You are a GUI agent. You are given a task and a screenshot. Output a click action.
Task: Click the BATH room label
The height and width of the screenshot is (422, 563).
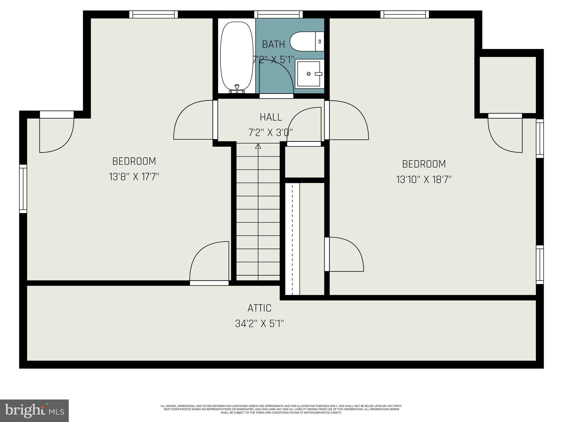273,44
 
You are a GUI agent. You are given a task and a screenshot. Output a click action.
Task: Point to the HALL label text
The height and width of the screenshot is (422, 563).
271,117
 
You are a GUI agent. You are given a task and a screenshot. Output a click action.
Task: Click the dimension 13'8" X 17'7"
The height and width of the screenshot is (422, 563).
134,177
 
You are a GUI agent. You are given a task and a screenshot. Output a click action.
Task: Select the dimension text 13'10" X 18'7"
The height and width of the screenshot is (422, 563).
424,180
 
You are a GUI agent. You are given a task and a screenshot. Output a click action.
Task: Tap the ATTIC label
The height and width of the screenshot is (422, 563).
259,308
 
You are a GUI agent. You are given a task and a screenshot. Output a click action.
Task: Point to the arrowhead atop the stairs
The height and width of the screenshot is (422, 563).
258,146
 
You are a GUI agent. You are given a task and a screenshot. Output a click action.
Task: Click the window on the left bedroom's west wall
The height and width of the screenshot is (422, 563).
23,189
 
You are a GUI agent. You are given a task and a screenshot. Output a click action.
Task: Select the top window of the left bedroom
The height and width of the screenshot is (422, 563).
153,14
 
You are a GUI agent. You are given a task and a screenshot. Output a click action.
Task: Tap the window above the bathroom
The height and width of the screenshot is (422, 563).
278,14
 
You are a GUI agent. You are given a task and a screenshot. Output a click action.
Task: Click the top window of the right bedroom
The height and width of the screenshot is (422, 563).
404,14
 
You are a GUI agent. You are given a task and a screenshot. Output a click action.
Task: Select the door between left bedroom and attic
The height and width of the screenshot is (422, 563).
209,283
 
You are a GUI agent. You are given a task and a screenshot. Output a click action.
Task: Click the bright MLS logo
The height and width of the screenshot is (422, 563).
34,410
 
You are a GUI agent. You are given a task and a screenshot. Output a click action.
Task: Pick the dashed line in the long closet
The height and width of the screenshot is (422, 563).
292,239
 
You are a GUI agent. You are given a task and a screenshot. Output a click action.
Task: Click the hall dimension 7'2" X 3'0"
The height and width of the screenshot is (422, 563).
271,133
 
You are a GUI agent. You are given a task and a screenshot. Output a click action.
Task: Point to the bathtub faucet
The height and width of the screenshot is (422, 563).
237,88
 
